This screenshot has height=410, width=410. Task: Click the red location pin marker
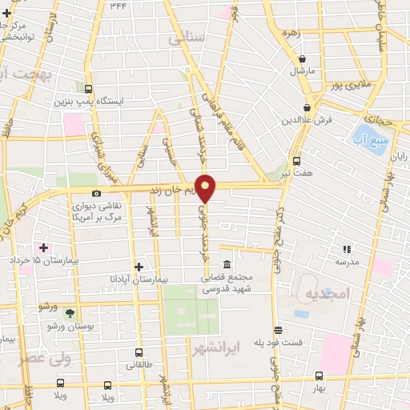coord(206,188)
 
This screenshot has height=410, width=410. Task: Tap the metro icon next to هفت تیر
coord(297,160)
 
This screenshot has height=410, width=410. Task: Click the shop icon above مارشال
coord(303,58)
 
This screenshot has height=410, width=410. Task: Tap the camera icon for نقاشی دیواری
coord(97,193)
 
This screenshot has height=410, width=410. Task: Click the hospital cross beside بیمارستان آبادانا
coord(139,267)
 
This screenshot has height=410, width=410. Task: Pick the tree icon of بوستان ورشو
coord(69,313)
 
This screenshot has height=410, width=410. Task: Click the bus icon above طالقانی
coord(139,352)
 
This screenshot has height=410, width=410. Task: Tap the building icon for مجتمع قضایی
coord(227,265)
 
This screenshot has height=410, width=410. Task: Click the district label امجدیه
coord(327,294)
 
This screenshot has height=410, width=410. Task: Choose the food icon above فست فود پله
coord(278,330)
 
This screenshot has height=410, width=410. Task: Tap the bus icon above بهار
coord(319,376)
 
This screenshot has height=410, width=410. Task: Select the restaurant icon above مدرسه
coord(347,250)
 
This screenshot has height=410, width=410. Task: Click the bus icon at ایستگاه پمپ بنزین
coord(87,89)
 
